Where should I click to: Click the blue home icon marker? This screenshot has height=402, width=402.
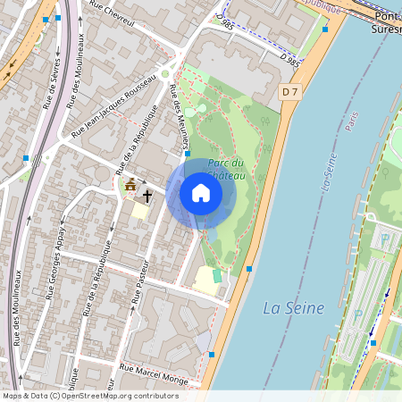click(200, 193)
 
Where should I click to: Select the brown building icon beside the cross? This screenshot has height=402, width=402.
click(130, 186)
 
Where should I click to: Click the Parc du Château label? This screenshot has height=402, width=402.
click(226, 169)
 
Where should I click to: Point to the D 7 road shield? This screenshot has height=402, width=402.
click(288, 91)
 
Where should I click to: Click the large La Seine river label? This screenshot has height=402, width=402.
click(293, 308)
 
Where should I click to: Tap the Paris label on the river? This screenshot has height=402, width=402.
click(352, 121)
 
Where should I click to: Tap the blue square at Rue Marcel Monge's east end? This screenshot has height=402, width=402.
click(211, 355)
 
